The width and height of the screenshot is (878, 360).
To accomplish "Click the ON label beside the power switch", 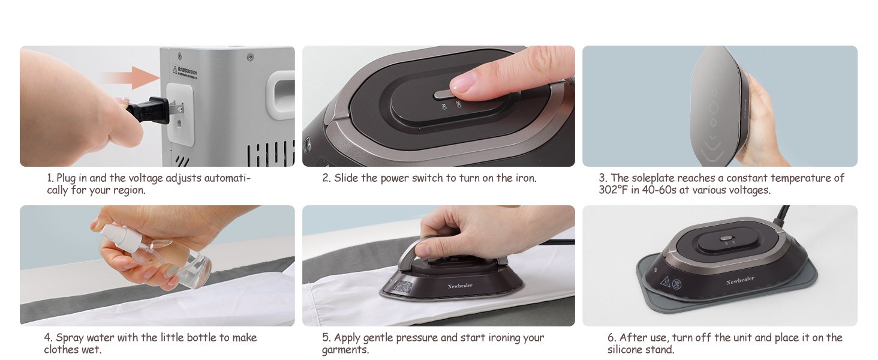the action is tap(444, 107).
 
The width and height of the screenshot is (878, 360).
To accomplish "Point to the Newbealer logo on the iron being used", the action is tap(460, 286).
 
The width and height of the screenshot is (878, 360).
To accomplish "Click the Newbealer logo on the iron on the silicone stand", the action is tap(739, 280).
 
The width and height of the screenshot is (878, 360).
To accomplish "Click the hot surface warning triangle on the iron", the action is tap(664, 281).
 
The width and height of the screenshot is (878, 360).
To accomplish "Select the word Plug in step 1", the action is tap(65, 178).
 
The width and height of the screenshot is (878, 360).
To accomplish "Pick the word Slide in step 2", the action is tap(345, 178).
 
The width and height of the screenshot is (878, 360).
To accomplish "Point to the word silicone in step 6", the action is tap(627, 349).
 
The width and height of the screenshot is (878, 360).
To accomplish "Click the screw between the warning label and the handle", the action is tap(249, 57).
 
